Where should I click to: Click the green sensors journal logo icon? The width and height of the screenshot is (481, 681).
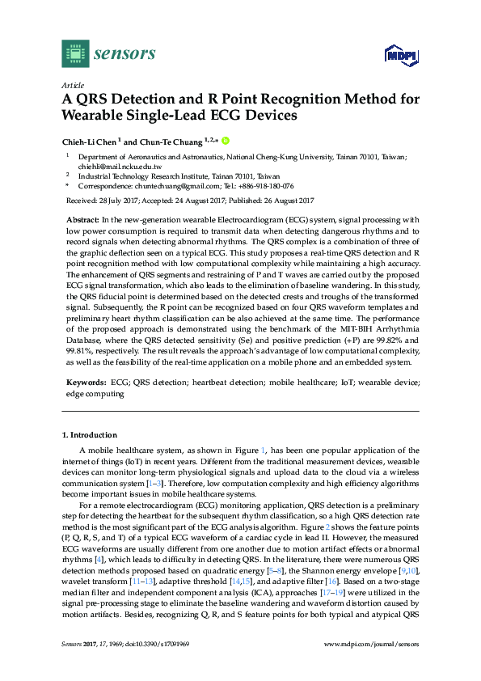75,53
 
